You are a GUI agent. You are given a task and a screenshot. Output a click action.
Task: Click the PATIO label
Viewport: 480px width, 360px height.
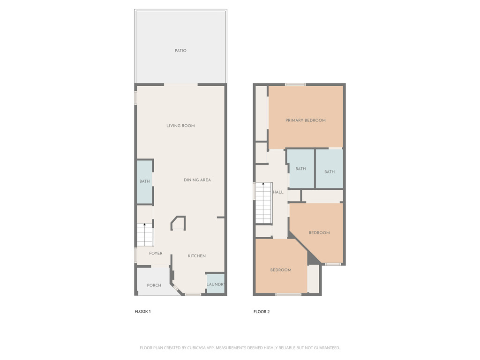[180, 51]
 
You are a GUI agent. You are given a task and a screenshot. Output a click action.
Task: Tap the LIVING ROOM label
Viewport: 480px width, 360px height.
[180, 126]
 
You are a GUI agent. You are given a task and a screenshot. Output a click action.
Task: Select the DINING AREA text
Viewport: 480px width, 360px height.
[197, 180]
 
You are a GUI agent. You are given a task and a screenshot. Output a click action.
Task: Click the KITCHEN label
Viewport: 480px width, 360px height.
[197, 255]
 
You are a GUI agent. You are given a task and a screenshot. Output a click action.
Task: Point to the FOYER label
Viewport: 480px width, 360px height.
[156, 253]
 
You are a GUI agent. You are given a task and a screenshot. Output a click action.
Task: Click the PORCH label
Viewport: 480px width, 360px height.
[154, 285]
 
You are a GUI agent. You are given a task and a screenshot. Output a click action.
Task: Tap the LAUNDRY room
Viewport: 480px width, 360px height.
[216, 284]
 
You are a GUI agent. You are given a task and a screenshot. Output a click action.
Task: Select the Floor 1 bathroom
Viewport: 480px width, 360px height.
[144, 182]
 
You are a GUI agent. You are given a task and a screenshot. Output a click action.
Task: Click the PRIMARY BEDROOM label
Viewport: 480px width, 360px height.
[306, 120]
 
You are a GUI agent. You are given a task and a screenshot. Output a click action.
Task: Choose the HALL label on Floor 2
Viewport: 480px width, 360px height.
[278, 192]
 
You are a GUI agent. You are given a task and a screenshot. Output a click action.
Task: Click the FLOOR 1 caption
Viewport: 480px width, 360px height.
[142, 311]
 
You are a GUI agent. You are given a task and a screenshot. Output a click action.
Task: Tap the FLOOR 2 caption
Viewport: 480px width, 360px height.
[262, 312]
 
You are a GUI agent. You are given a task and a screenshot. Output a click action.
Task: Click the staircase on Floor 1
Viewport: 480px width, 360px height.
[144, 235]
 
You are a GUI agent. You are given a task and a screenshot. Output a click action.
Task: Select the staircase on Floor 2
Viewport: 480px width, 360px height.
[263, 203]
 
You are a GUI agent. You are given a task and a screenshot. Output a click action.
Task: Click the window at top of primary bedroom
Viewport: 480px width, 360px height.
[295, 84]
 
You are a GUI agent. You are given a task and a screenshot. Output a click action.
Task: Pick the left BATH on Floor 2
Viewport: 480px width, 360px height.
[300, 169]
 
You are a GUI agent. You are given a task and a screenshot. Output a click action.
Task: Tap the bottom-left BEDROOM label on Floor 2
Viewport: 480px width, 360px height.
[281, 270]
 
